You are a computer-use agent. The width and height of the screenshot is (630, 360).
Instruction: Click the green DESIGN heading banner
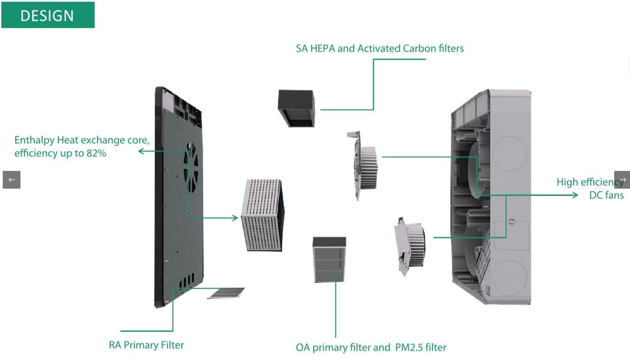(47, 15)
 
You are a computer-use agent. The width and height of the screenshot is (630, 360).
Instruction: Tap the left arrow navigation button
(11, 180)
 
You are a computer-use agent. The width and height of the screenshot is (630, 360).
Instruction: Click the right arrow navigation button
(622, 180)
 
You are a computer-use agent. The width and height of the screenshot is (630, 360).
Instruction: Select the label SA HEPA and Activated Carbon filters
(381, 49)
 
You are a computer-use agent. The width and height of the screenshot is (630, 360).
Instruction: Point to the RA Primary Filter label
(146, 345)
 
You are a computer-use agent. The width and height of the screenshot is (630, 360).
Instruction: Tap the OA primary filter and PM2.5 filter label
(371, 347)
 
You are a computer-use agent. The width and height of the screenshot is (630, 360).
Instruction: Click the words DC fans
(606, 195)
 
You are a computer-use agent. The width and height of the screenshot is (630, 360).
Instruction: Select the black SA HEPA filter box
(296, 107)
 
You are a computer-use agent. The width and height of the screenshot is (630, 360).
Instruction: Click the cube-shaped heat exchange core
(262, 214)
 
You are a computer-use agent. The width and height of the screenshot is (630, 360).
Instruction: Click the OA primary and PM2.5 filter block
(329, 259)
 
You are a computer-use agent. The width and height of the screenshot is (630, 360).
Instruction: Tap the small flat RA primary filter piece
(226, 292)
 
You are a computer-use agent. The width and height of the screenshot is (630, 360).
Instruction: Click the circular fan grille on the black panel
(192, 167)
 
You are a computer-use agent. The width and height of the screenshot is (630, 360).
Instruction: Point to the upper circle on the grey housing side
(509, 153)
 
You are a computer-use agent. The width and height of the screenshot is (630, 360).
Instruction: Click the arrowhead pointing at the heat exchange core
(234, 217)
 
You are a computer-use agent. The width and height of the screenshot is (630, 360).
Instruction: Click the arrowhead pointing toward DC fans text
(574, 195)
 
